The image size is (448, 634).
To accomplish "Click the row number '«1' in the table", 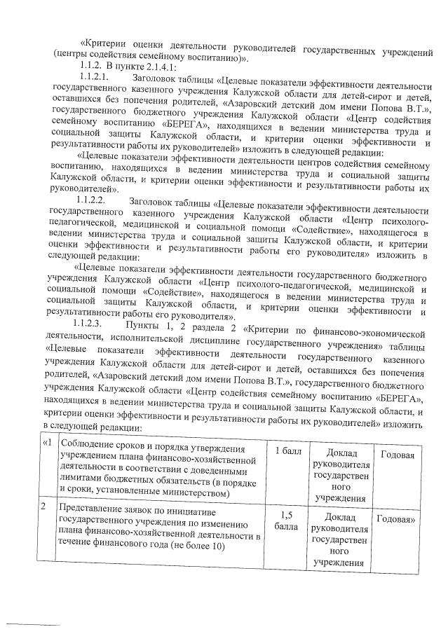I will point(48,444).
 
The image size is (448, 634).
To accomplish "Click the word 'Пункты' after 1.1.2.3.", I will point(141,325).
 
